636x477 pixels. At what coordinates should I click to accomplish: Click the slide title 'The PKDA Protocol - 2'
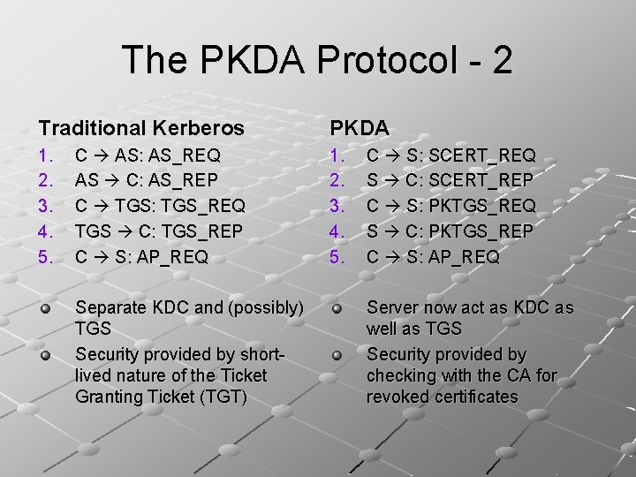coord(317,60)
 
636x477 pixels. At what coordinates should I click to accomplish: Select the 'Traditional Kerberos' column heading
coord(141,128)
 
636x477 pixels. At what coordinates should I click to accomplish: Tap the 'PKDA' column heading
coord(360,128)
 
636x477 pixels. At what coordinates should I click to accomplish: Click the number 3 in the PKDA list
coord(336,206)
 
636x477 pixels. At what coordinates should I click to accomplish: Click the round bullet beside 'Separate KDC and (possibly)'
coord(44,309)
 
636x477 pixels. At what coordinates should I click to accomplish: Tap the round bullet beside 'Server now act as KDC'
coord(336,309)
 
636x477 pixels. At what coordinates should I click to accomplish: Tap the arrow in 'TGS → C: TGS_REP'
coord(122,231)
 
